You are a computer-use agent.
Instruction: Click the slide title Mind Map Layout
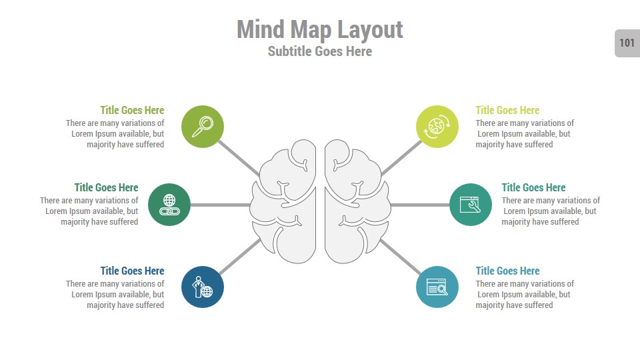tap(320, 29)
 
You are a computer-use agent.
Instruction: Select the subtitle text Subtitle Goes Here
tap(320, 51)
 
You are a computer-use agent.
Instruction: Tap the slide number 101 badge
tap(627, 43)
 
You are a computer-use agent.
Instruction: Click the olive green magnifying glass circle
tap(203, 126)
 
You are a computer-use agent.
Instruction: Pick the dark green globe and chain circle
tap(169, 205)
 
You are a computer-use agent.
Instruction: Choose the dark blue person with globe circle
tap(203, 287)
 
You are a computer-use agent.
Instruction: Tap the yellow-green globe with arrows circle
tap(437, 126)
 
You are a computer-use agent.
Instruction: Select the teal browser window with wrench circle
tap(471, 205)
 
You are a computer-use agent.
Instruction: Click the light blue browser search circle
tap(437, 287)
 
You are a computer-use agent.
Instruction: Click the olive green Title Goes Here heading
tap(132, 110)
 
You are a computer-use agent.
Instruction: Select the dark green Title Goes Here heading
tap(106, 187)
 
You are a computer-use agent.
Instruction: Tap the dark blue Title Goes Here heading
tap(132, 271)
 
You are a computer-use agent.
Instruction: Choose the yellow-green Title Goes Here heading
tap(507, 110)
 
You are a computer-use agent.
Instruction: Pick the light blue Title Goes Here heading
tap(507, 271)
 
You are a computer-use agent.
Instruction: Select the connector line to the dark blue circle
tap(239, 256)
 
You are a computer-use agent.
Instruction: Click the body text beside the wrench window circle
tap(551, 211)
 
